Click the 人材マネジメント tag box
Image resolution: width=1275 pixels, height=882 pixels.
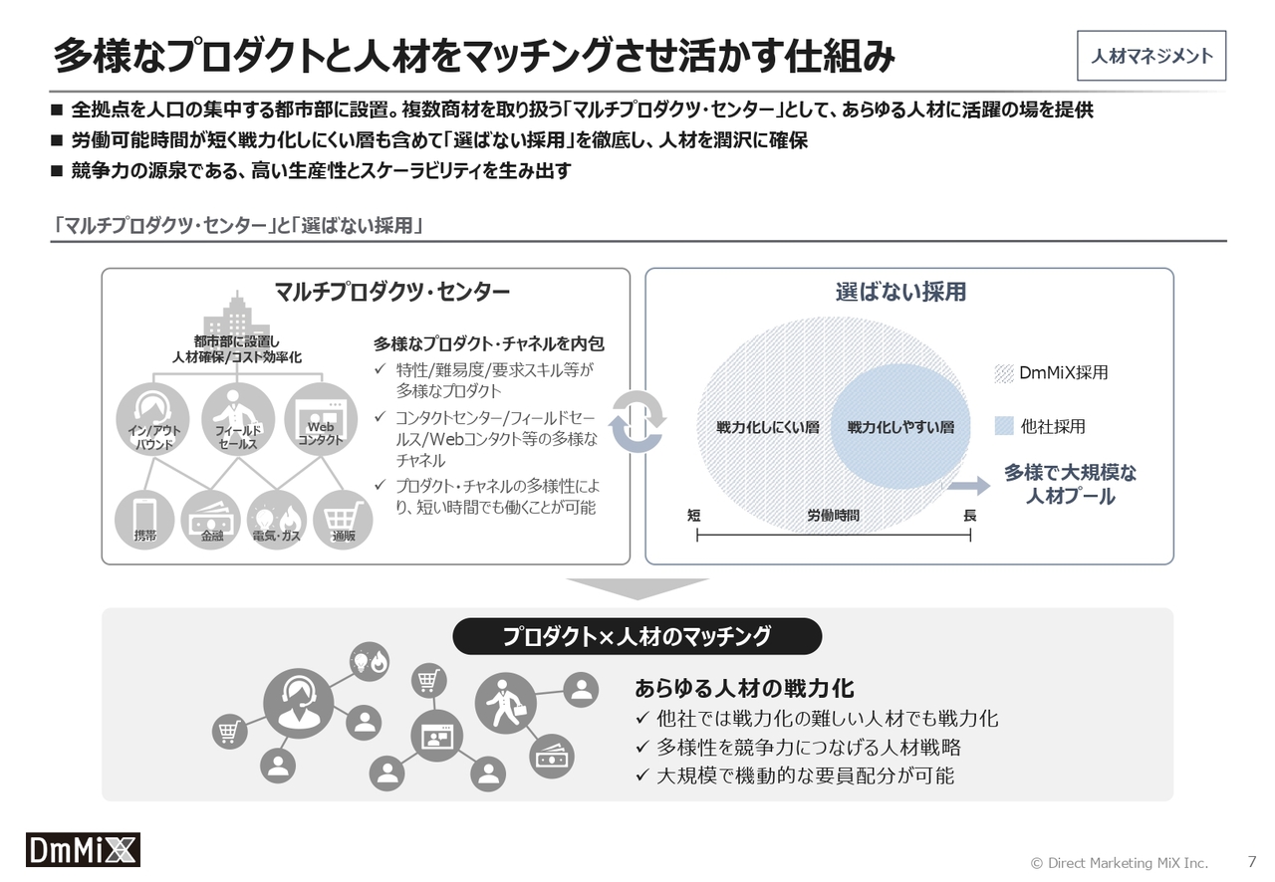[x=1150, y=56]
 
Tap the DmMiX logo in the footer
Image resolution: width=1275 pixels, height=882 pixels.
[x=83, y=849]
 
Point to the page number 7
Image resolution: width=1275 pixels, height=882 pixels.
[x=1252, y=861]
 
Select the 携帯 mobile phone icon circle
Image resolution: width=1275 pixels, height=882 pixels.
[x=144, y=520]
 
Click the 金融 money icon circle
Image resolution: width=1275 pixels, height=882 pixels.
[x=211, y=520]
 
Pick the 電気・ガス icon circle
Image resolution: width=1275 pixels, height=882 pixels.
[x=277, y=520]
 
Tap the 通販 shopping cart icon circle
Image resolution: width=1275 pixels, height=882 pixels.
[x=343, y=520]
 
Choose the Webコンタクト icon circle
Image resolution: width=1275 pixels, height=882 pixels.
[x=321, y=419]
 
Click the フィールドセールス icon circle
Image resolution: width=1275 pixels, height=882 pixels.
[x=238, y=419]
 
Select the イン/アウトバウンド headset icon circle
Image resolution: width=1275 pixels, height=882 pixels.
[x=152, y=419]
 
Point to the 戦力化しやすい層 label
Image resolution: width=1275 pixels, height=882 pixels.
[x=900, y=427]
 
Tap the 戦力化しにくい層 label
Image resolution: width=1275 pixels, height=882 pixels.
[x=767, y=427]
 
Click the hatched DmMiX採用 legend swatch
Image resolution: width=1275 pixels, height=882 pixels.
[x=1004, y=373]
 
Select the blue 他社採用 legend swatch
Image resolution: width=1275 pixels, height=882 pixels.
[x=1004, y=426]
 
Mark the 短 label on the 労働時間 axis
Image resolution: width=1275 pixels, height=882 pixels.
[x=694, y=516]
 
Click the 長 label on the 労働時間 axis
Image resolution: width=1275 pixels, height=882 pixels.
[x=970, y=516]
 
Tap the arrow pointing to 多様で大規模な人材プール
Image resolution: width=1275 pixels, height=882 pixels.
[x=969, y=486]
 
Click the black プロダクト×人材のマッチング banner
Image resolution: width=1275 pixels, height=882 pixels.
[x=637, y=636]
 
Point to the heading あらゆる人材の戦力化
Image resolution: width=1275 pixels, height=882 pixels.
[x=744, y=689]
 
